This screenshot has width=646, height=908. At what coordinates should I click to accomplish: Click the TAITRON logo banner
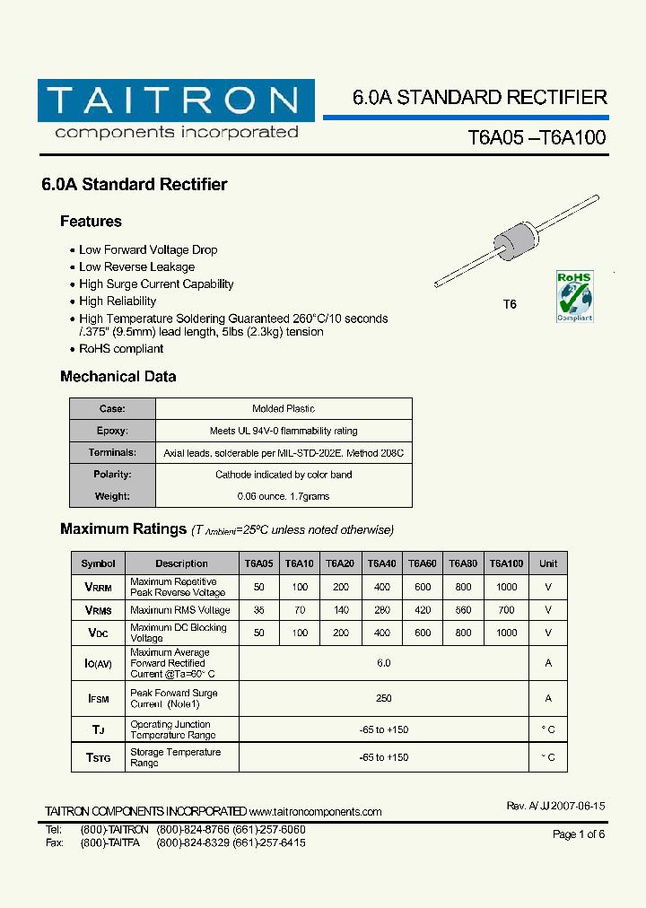176,100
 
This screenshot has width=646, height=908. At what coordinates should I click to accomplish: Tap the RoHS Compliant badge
574,295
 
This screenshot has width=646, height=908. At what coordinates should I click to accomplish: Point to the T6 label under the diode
510,304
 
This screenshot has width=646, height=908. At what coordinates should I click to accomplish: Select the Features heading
91,222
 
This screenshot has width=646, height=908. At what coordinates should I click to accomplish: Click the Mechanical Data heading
118,377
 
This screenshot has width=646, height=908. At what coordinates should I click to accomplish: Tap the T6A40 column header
381,563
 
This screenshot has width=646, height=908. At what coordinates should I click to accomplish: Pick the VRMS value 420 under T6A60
423,610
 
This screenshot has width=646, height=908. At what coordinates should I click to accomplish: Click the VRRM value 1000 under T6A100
506,587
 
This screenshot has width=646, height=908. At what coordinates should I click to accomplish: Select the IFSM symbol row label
98,698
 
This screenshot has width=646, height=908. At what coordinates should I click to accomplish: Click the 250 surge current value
384,698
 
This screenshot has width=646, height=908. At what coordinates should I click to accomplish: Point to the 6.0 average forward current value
384,663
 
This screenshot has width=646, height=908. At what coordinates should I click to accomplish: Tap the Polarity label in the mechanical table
112,475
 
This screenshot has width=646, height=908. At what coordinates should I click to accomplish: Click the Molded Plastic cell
284,409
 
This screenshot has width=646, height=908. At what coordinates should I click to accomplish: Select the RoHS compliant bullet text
121,349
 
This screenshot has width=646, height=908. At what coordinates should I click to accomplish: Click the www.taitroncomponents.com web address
316,812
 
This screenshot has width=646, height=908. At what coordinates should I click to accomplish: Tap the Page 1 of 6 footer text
579,834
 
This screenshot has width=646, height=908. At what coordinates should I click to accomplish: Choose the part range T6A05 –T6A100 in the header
537,137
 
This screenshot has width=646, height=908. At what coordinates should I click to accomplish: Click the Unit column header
548,563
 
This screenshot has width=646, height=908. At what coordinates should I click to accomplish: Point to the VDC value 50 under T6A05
259,633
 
